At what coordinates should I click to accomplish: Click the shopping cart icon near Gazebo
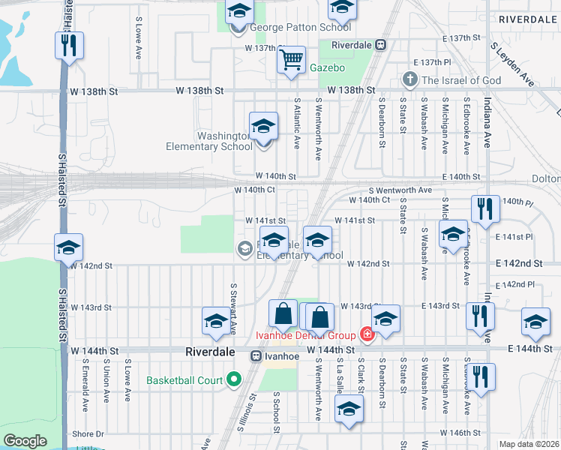tap(290, 59)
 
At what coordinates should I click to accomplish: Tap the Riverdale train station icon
tap(380, 44)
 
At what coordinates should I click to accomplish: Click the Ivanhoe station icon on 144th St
tap(256, 356)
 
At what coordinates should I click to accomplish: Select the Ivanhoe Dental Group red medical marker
tap(367, 334)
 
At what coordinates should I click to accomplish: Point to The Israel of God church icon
tap(409, 79)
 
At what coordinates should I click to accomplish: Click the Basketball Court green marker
tap(232, 379)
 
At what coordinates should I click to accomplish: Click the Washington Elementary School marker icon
tap(263, 127)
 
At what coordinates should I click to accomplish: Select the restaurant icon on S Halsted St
tap(69, 45)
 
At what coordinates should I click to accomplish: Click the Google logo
tap(25, 441)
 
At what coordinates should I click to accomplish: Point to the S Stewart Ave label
tap(234, 309)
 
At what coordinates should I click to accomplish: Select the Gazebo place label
tap(328, 68)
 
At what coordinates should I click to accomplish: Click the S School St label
tap(276, 411)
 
